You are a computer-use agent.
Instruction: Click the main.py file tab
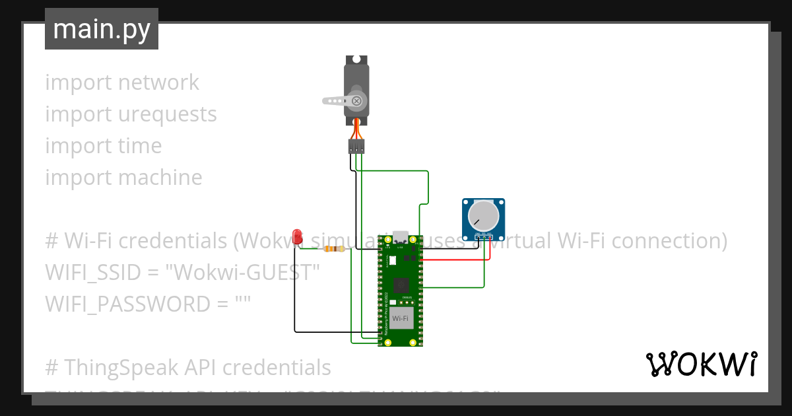pyautogui.click(x=102, y=30)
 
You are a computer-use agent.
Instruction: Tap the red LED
pyautogui.click(x=297, y=236)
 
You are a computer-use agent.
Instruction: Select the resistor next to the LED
pyautogui.click(x=339, y=249)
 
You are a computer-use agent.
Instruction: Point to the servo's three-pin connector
pyautogui.click(x=356, y=147)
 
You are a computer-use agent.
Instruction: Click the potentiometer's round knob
pyautogui.click(x=483, y=215)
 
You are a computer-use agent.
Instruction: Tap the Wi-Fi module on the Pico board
pyautogui.click(x=400, y=318)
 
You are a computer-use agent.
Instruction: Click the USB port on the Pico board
pyautogui.click(x=400, y=236)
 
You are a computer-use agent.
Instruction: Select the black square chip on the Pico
pyautogui.click(x=400, y=285)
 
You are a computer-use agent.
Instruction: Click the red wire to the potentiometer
pyautogui.click(x=455, y=260)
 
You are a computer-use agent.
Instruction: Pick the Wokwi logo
pyautogui.click(x=701, y=364)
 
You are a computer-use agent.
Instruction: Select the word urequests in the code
pyautogui.click(x=168, y=114)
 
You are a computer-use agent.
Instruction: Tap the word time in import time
pyautogui.click(x=140, y=146)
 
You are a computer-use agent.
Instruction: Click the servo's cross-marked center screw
pyautogui.click(x=356, y=101)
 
